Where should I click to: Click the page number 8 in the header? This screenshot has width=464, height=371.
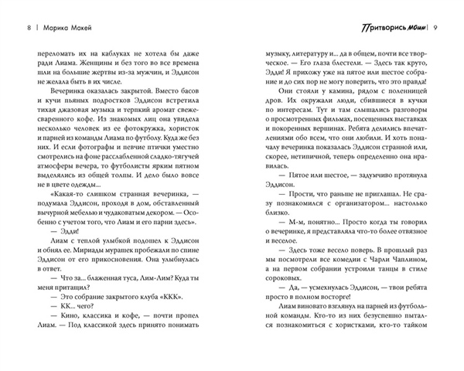(x=29, y=27)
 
